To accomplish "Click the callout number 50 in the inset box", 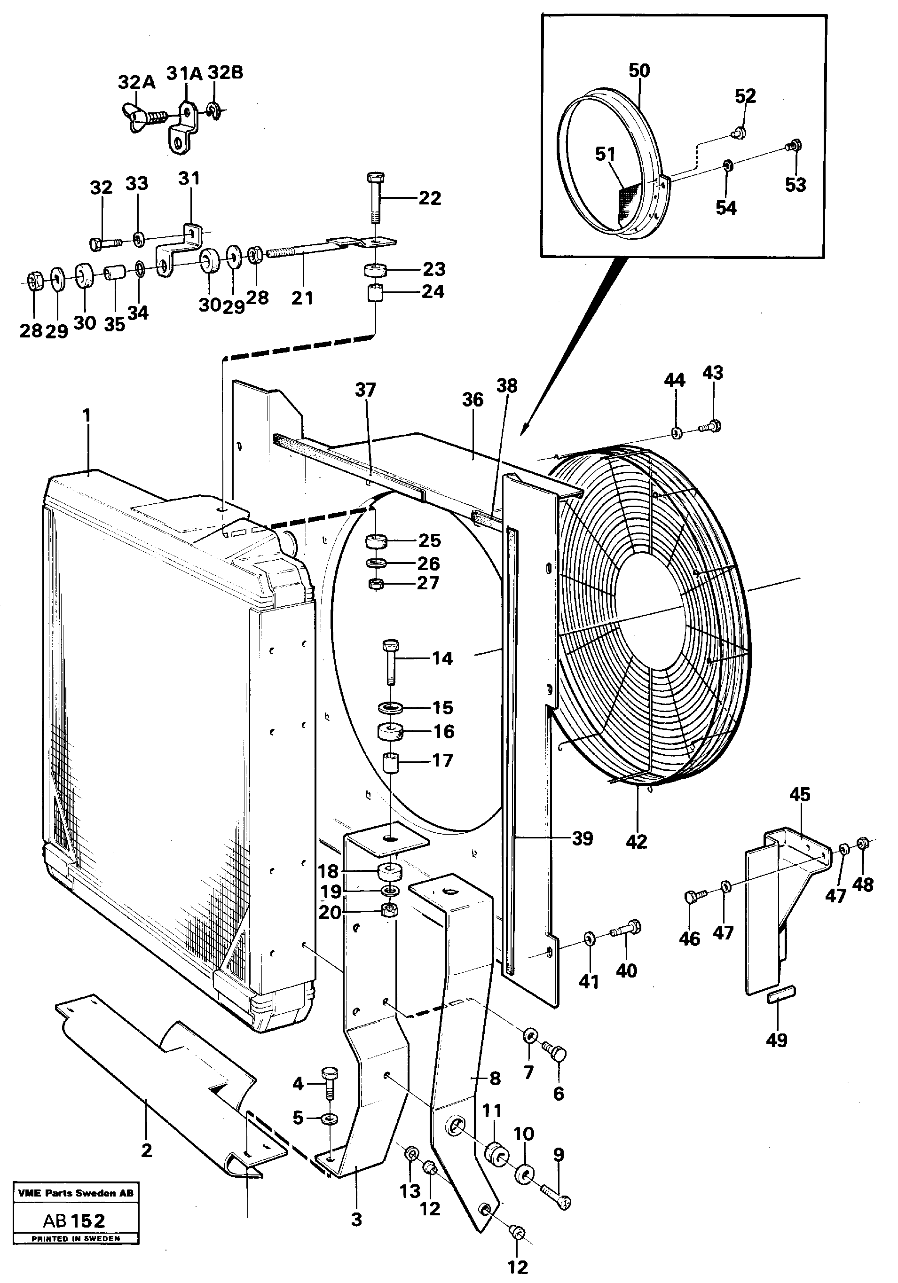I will click(x=639, y=70).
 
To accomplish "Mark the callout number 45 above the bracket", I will click(x=800, y=794).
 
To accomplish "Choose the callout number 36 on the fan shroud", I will click(x=473, y=399).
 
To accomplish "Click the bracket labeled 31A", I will click(x=184, y=126).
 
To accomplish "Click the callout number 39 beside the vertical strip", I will click(x=582, y=838).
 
